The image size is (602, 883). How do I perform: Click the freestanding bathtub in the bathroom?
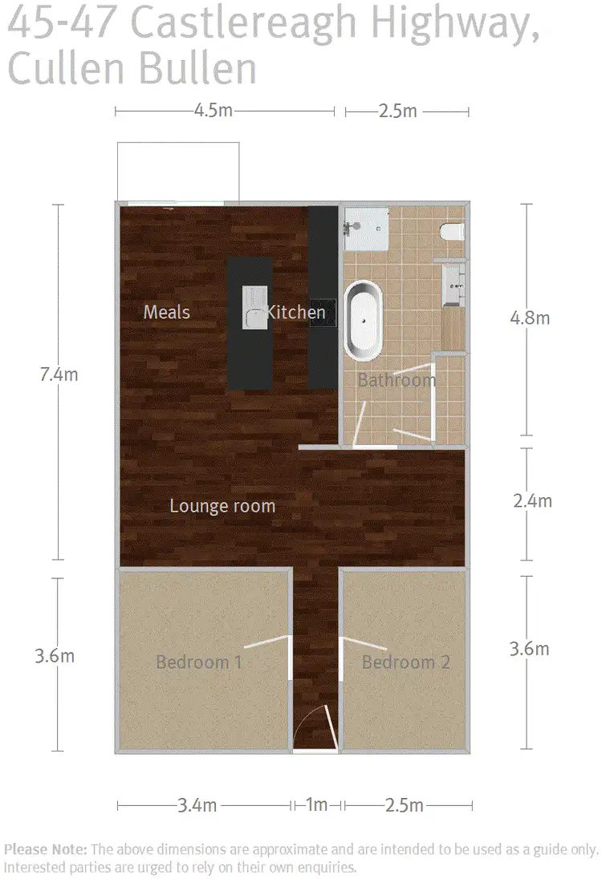pyautogui.click(x=364, y=319)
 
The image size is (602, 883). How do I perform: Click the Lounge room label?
pyautogui.click(x=222, y=506)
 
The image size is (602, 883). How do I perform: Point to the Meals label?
pyautogui.click(x=167, y=311)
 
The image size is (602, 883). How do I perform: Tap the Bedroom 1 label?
pyautogui.click(x=199, y=662)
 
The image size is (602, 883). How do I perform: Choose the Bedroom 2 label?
pyautogui.click(x=405, y=662)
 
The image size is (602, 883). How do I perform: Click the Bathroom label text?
pyautogui.click(x=397, y=380)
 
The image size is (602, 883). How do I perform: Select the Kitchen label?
pyautogui.click(x=296, y=312)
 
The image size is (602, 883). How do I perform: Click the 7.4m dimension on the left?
pyautogui.click(x=59, y=374)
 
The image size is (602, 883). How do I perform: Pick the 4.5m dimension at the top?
pyautogui.click(x=213, y=111)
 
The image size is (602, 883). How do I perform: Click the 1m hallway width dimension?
pyautogui.click(x=317, y=804)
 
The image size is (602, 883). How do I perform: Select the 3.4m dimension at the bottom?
pyautogui.click(x=197, y=804)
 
